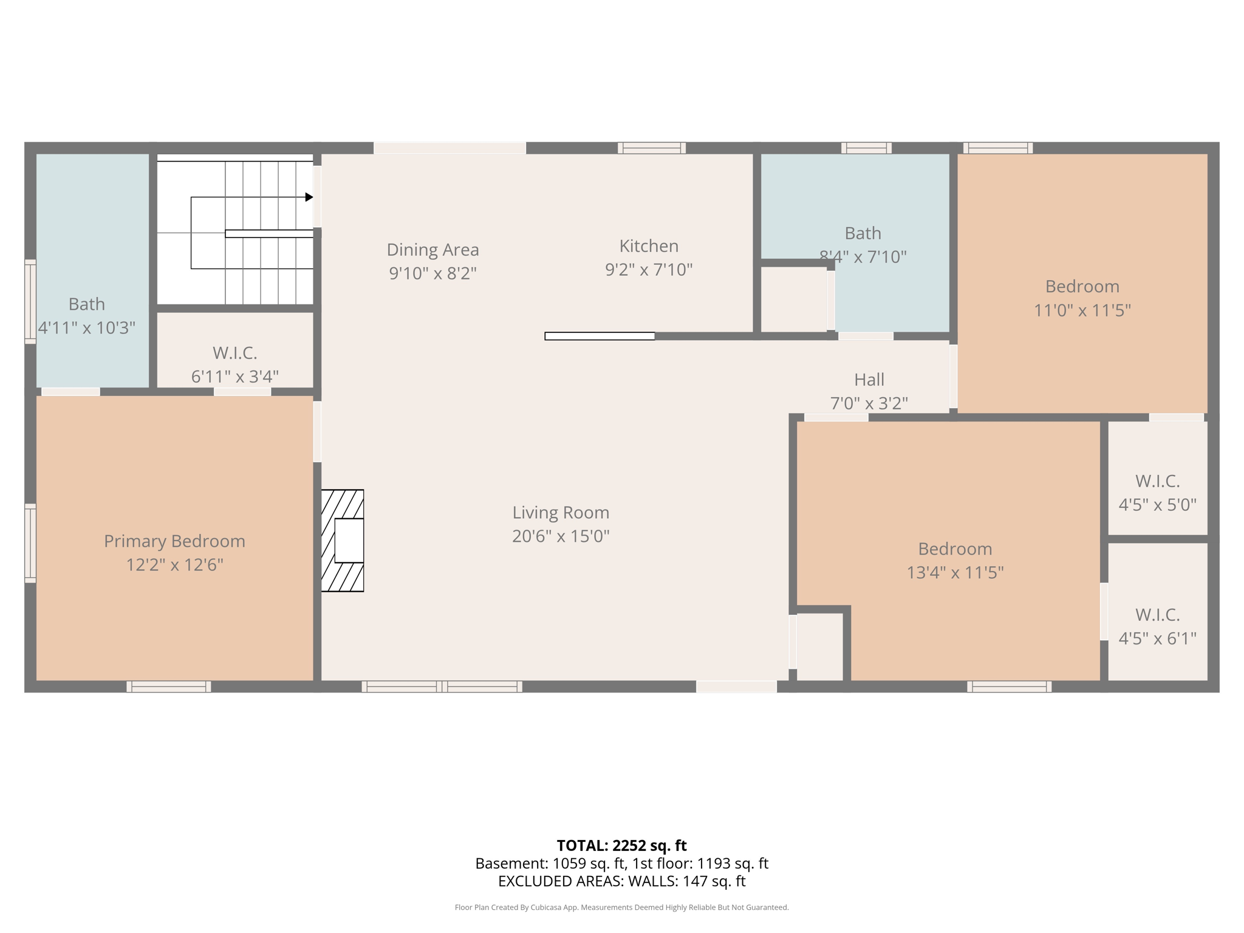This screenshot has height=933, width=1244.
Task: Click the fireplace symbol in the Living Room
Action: [x=343, y=540]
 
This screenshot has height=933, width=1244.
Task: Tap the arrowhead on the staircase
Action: [x=309, y=197]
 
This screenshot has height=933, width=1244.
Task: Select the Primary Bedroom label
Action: [x=174, y=541]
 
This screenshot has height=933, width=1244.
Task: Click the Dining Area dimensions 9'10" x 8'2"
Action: [x=432, y=273]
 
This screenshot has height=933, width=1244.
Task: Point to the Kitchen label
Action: [x=649, y=246]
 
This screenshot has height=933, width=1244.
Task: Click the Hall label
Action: [x=869, y=380]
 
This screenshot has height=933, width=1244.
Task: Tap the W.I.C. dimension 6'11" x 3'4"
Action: [x=235, y=376]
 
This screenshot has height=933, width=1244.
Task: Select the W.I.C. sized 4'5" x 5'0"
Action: [x=1157, y=492]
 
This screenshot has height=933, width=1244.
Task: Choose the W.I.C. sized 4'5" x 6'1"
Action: [x=1157, y=626]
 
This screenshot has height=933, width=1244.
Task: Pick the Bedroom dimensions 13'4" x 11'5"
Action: [x=955, y=572]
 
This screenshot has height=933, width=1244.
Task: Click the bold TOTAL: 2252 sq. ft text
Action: [x=621, y=846]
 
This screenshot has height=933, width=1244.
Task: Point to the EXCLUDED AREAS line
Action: [x=621, y=881]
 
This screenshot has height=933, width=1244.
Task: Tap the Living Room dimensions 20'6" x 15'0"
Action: [x=560, y=536]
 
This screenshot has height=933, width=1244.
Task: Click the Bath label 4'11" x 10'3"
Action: [x=87, y=316]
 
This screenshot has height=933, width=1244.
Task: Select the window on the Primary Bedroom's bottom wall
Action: [x=169, y=686]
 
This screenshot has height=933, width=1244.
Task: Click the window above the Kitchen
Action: [x=652, y=148]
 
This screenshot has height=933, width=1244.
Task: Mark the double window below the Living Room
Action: [x=442, y=686]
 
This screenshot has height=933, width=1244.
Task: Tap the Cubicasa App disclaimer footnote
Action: [x=621, y=907]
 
